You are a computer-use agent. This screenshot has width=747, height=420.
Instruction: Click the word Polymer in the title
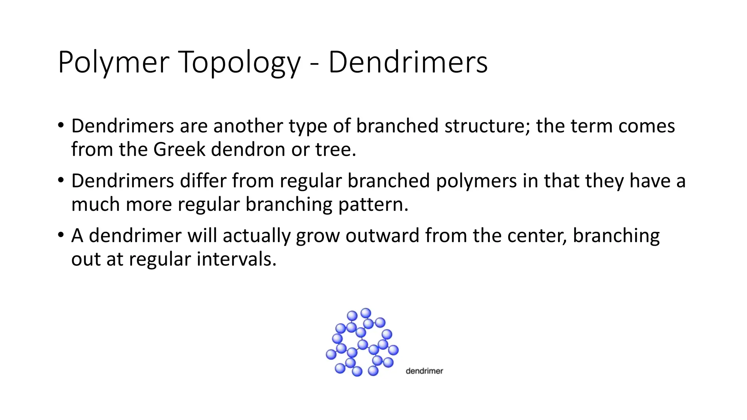tap(113, 63)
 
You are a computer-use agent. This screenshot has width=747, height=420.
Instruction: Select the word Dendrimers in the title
tap(408, 63)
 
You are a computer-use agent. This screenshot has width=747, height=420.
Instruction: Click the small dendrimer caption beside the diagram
tap(424, 371)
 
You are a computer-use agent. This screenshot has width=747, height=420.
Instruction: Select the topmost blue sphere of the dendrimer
tap(366, 313)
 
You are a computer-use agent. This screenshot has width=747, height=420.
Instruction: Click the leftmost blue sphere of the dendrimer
tap(331, 354)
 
